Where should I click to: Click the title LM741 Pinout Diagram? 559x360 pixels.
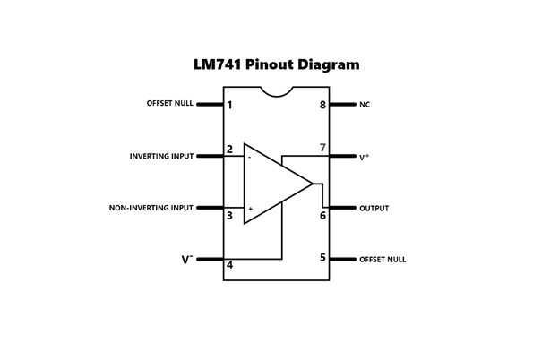277,64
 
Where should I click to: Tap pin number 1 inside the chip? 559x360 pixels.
230,105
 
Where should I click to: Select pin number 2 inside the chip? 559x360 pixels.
230,149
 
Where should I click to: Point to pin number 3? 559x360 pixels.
230,215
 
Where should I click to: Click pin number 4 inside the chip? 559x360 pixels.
230,265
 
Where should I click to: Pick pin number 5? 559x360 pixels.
322,258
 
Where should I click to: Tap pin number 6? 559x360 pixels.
322,215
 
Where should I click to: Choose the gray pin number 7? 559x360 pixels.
322,148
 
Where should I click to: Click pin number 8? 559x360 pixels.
322,105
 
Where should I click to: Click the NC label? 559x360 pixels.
365,105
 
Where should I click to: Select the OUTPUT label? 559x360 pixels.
374,209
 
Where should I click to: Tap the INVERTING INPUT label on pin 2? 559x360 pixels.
161,156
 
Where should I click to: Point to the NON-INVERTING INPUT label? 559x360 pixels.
151,208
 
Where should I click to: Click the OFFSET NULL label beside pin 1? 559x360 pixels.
170,104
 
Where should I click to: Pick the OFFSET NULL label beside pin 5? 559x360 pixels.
383,260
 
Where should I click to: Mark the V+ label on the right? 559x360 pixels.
365,157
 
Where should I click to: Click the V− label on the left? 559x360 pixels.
187,260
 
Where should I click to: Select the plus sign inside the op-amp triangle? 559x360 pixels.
250,209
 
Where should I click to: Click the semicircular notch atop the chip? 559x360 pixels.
277,90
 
